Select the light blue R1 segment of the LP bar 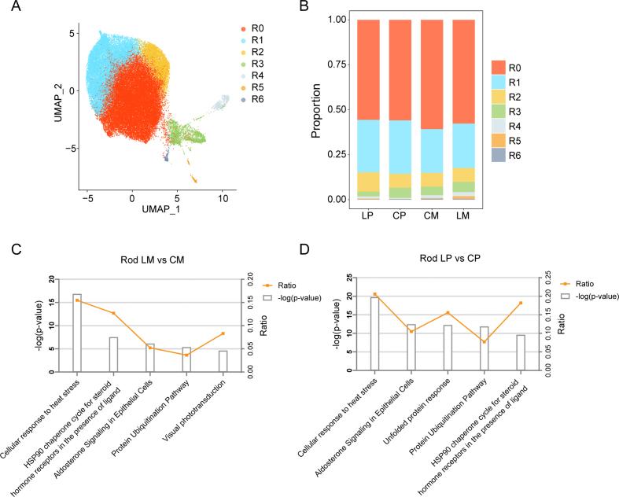point(369,145)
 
